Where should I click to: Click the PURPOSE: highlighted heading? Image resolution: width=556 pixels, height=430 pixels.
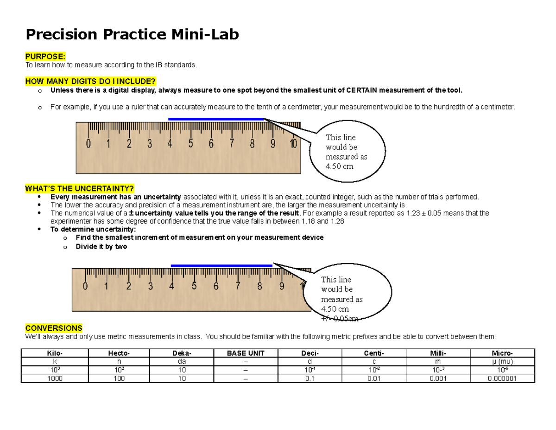(45, 57)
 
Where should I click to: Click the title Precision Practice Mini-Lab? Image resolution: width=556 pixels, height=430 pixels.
(132, 34)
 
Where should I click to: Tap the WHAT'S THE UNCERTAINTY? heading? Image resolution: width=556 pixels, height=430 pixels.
(80, 188)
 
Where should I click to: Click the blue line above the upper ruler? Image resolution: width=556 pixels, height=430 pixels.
(216, 119)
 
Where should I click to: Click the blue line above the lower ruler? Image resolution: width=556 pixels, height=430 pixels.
(221, 266)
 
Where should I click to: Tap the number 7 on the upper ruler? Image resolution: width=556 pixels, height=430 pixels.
(231, 144)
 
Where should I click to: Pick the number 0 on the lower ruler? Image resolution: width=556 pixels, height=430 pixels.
(85, 287)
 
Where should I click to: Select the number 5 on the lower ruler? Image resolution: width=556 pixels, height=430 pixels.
(194, 287)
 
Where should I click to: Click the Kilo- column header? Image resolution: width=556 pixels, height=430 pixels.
(53, 353)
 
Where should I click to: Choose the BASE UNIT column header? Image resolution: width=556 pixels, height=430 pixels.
(246, 353)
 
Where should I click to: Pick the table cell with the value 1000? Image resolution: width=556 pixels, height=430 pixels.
(53, 379)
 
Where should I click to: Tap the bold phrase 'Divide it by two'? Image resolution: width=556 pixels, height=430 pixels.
(101, 247)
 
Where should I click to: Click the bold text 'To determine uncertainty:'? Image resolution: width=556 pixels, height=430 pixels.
(94, 229)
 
